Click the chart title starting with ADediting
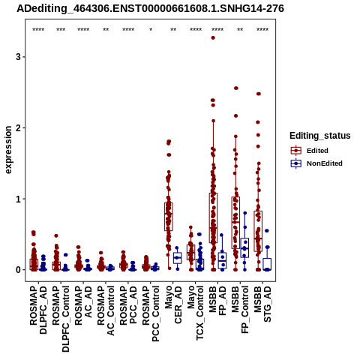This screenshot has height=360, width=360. click(x=150, y=8)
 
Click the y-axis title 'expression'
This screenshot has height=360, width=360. click(x=8, y=150)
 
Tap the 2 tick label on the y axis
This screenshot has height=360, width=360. click(x=18, y=127)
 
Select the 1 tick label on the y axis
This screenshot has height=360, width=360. click(x=18, y=199)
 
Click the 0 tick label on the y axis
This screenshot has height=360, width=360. click(x=18, y=270)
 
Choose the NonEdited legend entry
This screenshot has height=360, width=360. click(x=316, y=163)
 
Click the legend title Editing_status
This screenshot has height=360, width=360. click(x=320, y=136)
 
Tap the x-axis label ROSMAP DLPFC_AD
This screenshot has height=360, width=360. click(x=38, y=310)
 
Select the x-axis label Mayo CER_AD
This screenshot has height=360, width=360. click(x=173, y=304)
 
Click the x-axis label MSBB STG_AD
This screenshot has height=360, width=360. click(x=262, y=304)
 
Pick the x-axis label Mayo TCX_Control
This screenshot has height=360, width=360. click(x=196, y=313)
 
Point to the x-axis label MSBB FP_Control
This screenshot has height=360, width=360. click(x=240, y=310)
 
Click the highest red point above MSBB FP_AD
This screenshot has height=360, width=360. click(x=213, y=38)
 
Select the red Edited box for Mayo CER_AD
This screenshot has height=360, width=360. click(x=169, y=217)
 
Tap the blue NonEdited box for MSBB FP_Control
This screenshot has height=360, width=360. click(x=244, y=247)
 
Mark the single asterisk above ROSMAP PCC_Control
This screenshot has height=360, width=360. click(x=151, y=29)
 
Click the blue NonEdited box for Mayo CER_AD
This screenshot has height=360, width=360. click(x=178, y=258)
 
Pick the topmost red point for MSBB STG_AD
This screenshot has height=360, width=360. click(x=259, y=94)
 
